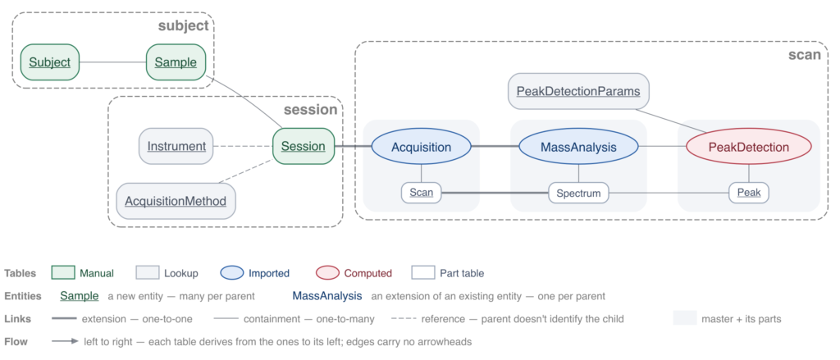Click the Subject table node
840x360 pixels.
[50, 62]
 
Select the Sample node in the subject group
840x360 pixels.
[176, 62]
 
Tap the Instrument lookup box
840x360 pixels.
[176, 146]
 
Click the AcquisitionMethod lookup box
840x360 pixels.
[176, 201]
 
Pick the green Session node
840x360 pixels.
[304, 146]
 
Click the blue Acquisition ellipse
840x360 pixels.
[421, 146]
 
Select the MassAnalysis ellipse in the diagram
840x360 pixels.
[578, 146]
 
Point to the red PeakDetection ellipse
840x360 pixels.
[749, 146]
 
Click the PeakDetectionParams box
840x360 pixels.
[578, 91]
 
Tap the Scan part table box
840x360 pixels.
[421, 193]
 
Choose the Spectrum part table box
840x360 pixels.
[578, 193]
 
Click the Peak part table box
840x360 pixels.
[749, 193]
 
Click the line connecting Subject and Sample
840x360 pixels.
[113, 62]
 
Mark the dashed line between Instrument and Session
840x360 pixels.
[243, 146]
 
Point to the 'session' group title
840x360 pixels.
[311, 110]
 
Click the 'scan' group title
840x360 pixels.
[805, 55]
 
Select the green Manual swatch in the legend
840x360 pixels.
[62, 273]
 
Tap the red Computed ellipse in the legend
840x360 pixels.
[327, 273]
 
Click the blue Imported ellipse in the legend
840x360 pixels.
[231, 273]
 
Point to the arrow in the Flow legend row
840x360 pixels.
[66, 341]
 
